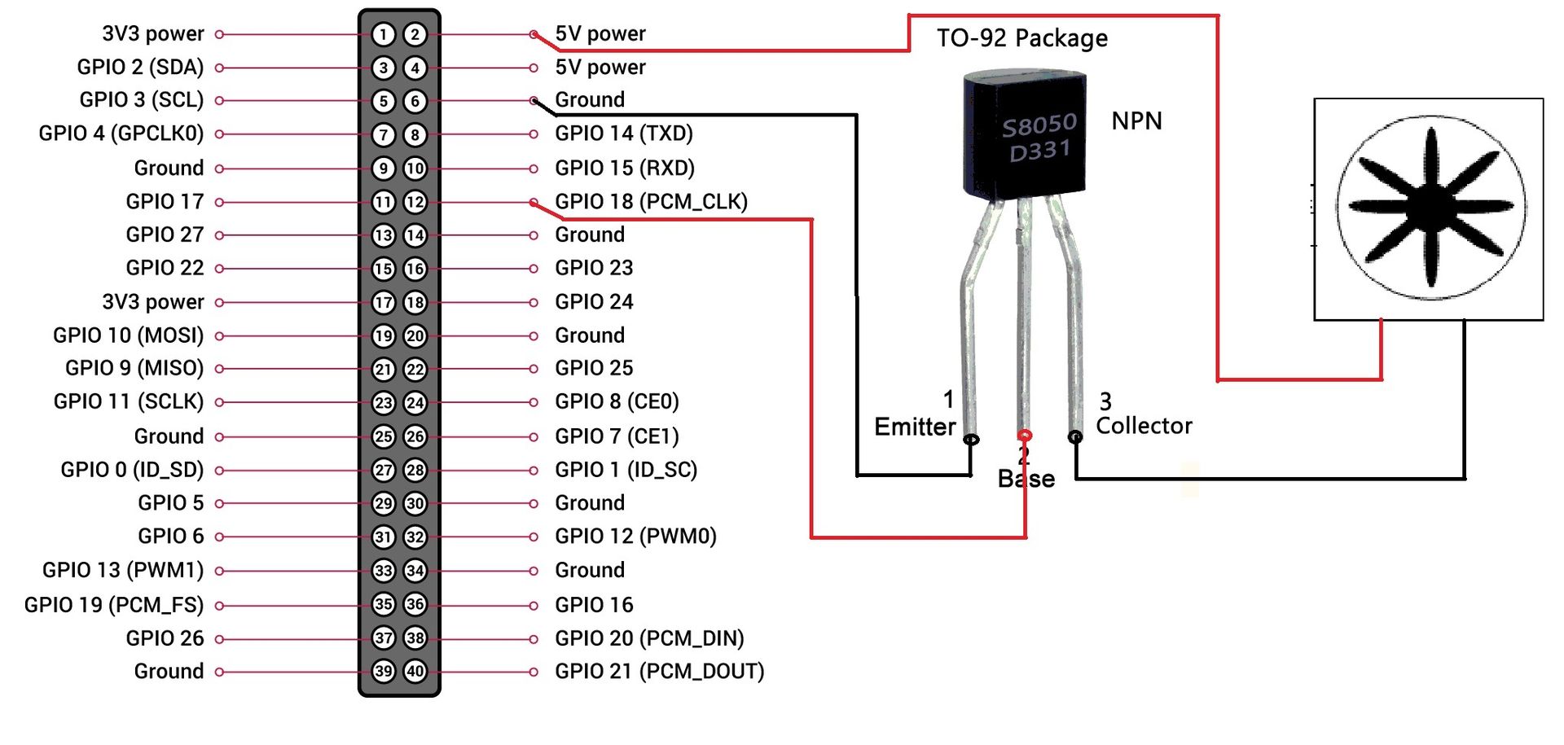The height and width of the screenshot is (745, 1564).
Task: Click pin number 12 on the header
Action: point(415,202)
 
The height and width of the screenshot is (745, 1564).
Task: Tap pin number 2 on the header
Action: point(415,34)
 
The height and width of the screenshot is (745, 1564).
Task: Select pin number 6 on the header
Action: point(415,101)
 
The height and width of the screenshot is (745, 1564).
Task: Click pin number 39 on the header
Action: point(384,672)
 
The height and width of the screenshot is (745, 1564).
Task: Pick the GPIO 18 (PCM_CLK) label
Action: point(651,201)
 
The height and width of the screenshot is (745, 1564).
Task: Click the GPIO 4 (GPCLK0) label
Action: point(121,134)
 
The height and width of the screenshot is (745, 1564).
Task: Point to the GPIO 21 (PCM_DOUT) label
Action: point(659,672)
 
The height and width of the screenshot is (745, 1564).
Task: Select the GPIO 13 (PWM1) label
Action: point(123,570)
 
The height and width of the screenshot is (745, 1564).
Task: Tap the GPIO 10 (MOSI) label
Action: point(128,335)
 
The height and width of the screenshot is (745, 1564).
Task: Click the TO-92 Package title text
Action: point(1021,38)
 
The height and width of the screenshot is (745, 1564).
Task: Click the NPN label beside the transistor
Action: point(1136,121)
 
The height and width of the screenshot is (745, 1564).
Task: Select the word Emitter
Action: point(914,427)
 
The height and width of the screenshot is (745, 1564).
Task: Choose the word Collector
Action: point(1144,426)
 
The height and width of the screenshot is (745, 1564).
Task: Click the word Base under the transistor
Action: point(1026,479)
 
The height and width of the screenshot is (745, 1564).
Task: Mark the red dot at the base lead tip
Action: point(1025,436)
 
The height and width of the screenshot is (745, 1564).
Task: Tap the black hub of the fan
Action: point(1431,204)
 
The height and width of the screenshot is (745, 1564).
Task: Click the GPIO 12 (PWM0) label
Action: point(635,537)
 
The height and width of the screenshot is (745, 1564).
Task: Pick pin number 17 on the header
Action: point(384,303)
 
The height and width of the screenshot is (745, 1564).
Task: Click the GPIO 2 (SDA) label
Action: point(140,67)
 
